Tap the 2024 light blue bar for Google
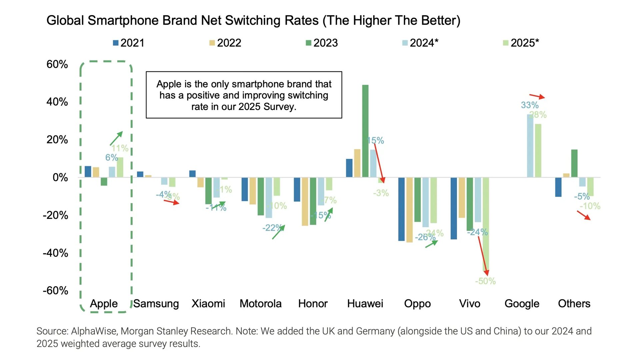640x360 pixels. click(530, 146)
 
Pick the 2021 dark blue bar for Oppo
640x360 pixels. click(401, 209)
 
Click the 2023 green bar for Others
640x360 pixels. click(574, 163)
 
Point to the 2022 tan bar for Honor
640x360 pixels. click(305, 201)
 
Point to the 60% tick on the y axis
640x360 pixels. click(57, 64)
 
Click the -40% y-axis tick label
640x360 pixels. click(55, 253)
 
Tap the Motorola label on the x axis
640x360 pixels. click(260, 304)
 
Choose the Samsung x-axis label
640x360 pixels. click(156, 304)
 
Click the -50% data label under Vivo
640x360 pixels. click(485, 281)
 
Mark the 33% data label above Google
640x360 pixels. click(530, 105)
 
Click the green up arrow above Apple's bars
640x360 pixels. click(116, 138)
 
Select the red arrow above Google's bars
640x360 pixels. click(537, 97)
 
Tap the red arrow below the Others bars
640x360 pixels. click(584, 215)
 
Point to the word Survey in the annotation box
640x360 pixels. click(279, 107)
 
